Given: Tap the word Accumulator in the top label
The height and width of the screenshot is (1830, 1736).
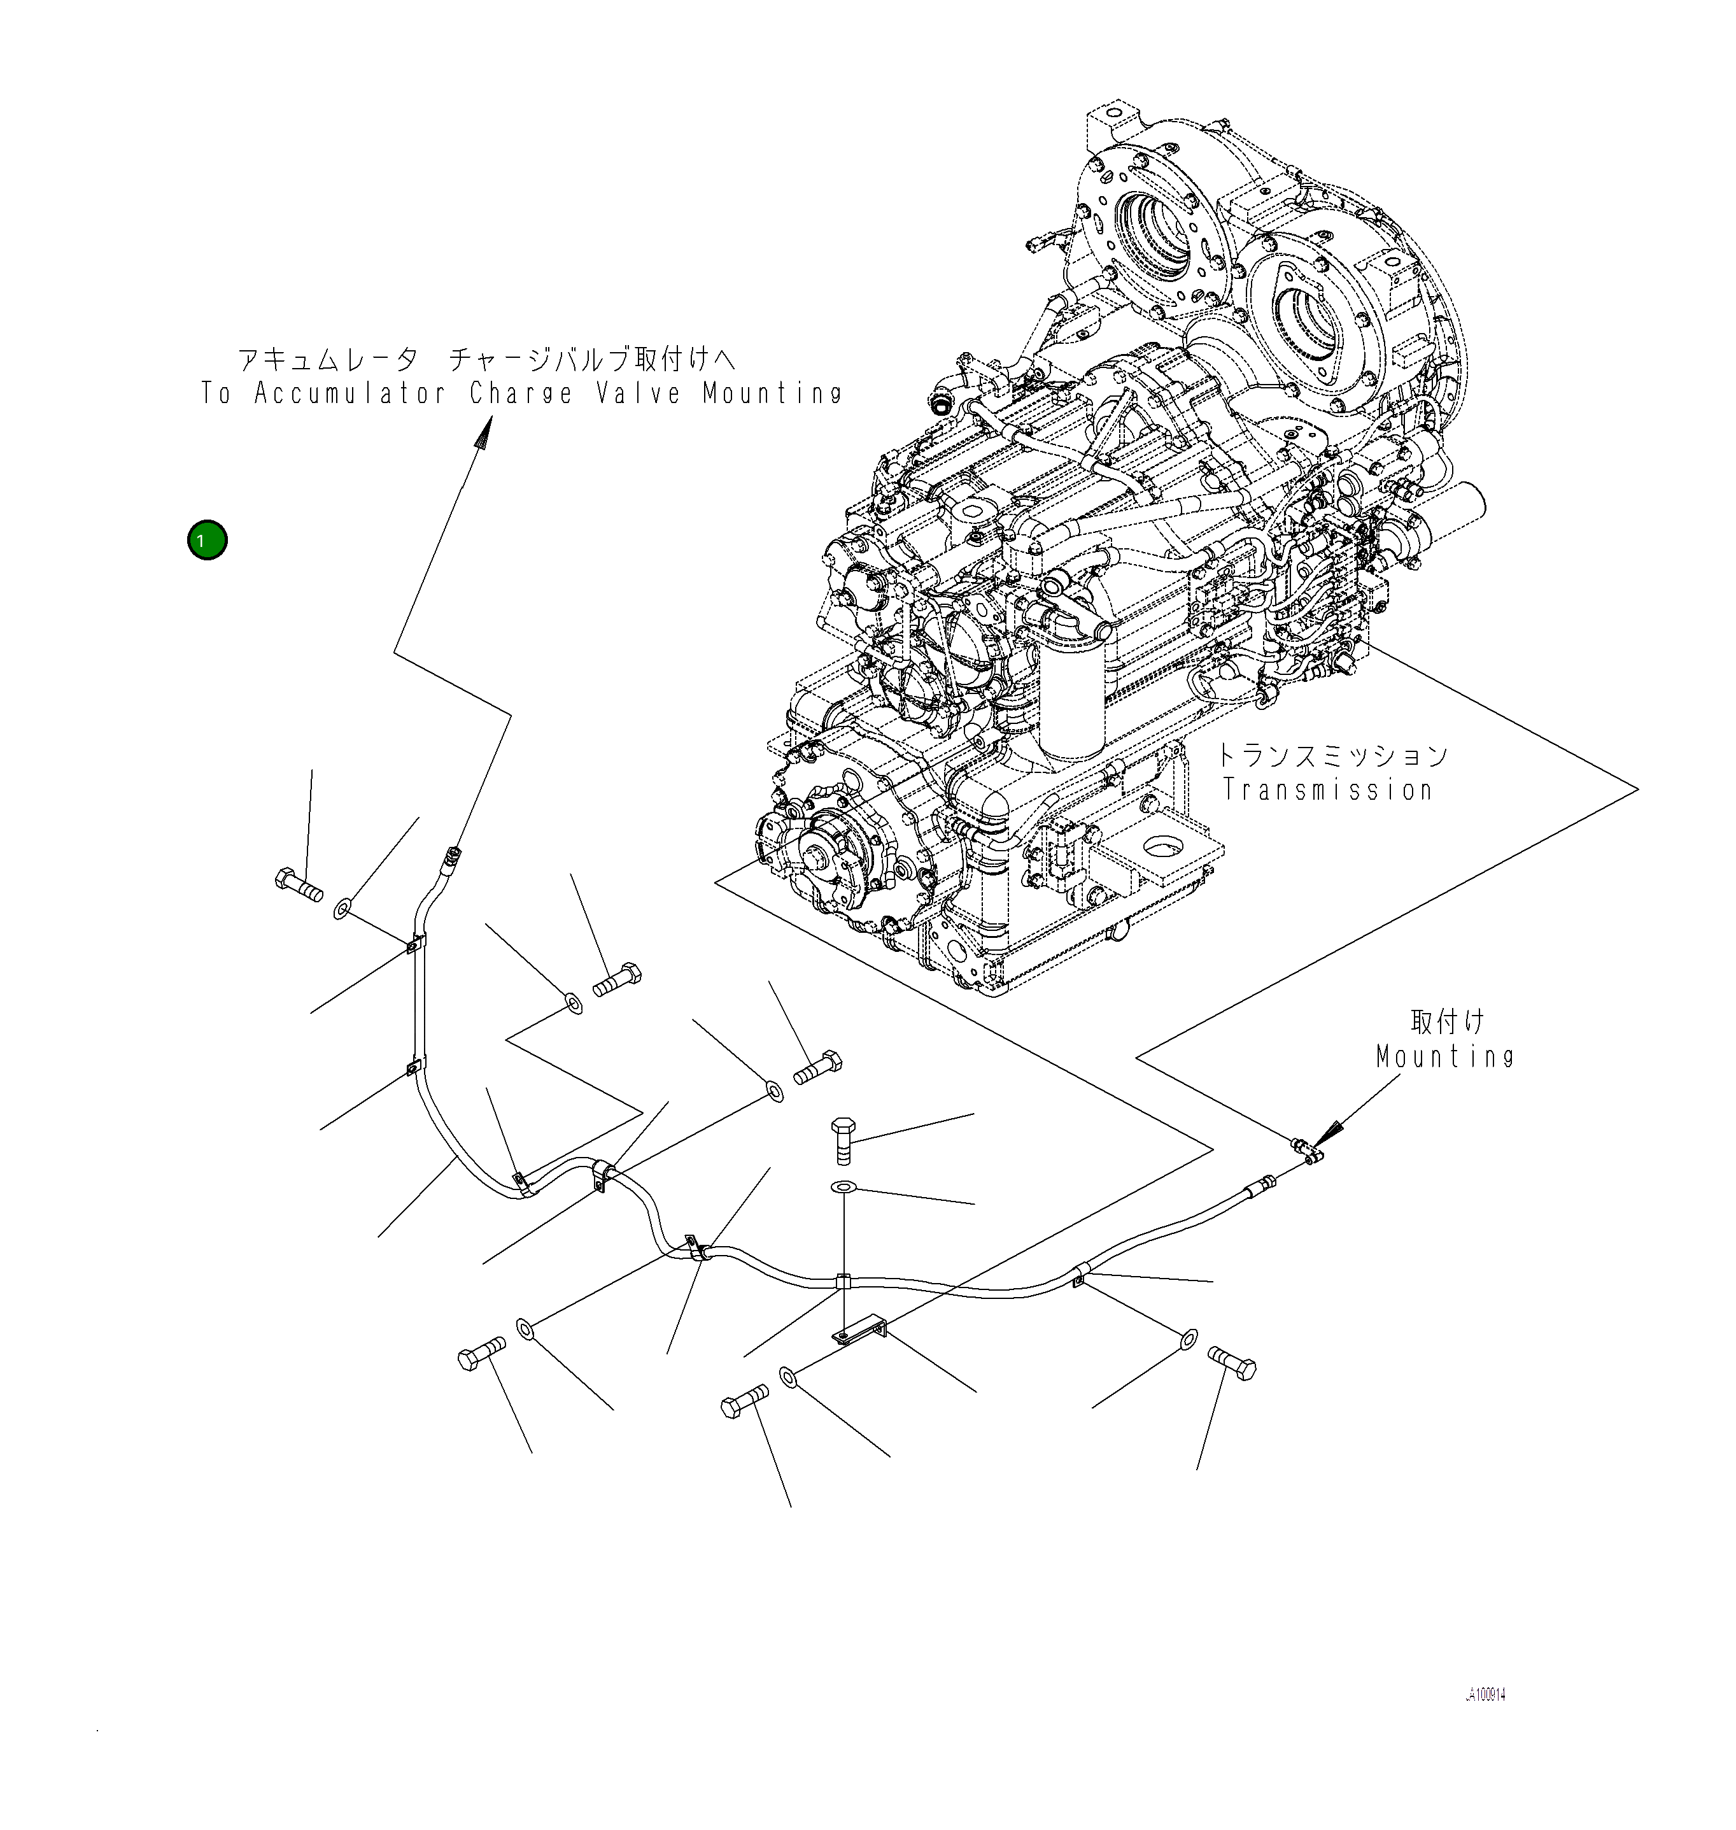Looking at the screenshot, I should (349, 394).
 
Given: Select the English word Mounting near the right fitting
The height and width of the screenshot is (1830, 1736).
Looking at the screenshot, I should (1444, 1056).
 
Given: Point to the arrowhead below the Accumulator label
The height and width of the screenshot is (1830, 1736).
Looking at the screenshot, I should (484, 433).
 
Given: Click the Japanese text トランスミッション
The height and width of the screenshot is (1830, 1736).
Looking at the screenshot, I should (1330, 755).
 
